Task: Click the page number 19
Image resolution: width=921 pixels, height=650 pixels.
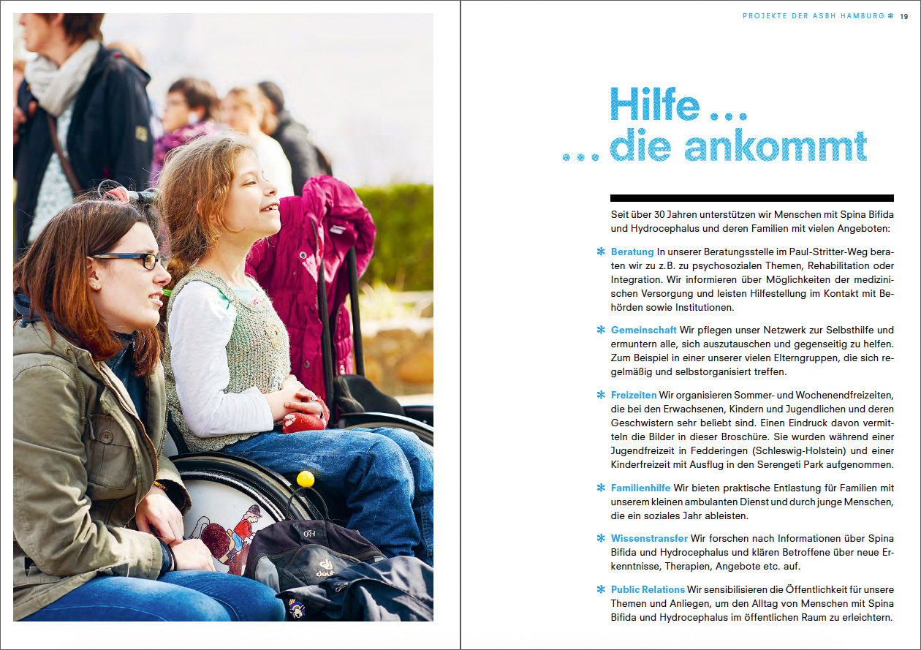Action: point(903,16)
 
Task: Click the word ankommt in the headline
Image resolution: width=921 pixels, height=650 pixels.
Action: point(776,146)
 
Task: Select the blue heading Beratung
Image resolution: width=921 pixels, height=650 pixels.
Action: point(632,252)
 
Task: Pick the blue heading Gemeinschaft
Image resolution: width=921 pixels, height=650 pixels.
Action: point(643,330)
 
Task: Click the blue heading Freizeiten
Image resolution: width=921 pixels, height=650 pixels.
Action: point(634,396)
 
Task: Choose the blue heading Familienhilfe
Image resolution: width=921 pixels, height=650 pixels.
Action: point(640,488)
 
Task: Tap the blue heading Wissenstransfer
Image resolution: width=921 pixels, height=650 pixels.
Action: point(649,539)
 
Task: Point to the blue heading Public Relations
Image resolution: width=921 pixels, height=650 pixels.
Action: point(648,590)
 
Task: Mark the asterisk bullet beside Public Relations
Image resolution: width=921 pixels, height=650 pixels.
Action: point(601,590)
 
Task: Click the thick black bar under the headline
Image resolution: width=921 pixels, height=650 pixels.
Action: point(751,198)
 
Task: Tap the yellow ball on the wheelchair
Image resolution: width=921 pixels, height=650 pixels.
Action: point(306,479)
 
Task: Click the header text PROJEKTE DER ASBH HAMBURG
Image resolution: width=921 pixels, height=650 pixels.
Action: point(813,16)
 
